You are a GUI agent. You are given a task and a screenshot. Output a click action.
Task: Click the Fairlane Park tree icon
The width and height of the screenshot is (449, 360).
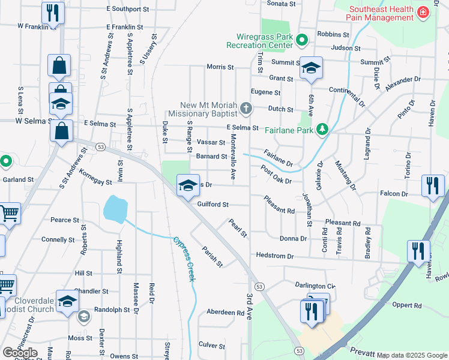click(322, 128)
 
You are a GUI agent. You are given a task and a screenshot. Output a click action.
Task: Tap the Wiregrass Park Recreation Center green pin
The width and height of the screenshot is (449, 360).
click(303, 40)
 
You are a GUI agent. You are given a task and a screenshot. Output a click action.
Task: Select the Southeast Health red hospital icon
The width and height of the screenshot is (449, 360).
click(423, 11)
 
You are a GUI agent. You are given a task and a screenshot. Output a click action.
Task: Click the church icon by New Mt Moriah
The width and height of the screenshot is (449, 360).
click(245, 109)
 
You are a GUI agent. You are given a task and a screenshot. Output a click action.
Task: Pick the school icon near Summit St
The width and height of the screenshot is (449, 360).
click(311, 68)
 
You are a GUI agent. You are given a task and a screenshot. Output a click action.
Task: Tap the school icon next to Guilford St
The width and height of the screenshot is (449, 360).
click(188, 185)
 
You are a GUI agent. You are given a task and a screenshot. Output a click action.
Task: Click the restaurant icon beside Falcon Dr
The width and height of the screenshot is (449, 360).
click(433, 186)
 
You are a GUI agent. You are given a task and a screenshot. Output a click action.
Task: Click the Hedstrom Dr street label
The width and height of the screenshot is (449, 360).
click(274, 256)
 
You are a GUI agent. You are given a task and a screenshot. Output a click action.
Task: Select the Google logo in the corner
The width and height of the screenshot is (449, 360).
click(19, 352)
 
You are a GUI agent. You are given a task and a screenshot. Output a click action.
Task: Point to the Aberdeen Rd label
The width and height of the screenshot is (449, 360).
click(225, 313)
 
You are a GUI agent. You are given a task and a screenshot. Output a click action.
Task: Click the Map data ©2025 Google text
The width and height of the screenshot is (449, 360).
click(412, 355)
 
